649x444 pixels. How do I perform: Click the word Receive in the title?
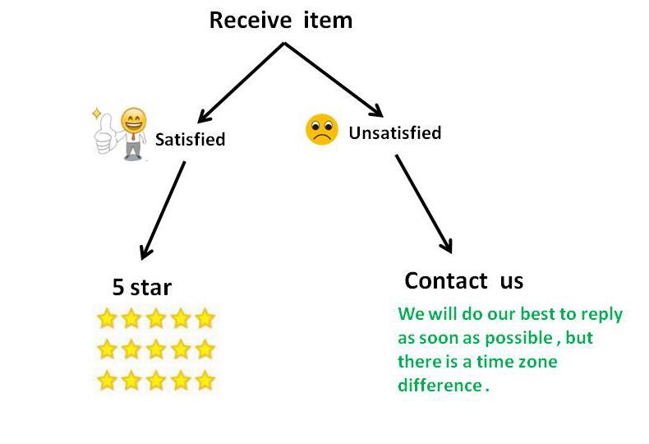pos(249,20)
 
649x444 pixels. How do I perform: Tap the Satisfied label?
pos(191,139)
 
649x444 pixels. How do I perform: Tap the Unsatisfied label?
pos(394,132)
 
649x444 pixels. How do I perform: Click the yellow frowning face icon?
pos(321,130)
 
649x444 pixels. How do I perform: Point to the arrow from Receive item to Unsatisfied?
pos(333,80)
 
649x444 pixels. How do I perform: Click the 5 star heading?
pos(142,287)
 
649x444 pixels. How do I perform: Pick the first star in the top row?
pos(107,318)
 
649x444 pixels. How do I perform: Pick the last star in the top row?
pos(205,318)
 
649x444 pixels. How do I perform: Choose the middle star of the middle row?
pos(156,349)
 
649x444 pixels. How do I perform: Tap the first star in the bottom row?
pos(107,381)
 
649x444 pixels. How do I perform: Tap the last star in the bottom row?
pos(205,381)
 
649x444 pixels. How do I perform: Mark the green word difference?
pos(439,385)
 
